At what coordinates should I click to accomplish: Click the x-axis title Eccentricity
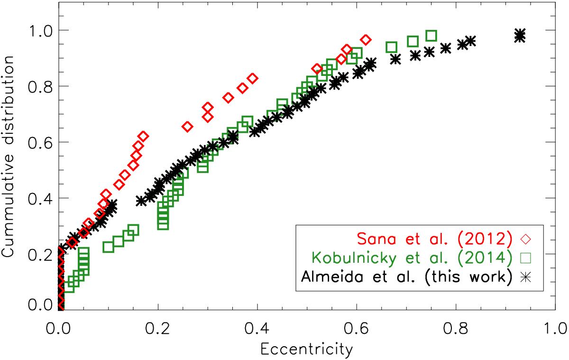[307, 350]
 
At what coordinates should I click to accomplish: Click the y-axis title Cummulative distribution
[8, 157]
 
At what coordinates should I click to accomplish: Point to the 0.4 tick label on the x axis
[257, 329]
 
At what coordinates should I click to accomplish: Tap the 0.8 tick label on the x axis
[456, 329]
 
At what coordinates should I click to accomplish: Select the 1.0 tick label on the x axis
[555, 329]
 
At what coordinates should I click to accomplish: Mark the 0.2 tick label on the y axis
[40, 255]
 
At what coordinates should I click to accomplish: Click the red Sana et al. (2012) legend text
[434, 239]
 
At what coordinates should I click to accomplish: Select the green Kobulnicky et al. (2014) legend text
[412, 258]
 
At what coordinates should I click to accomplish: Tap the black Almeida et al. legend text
[406, 277]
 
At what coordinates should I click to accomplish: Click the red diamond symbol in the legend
[525, 239]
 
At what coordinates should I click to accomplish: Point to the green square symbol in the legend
[525, 258]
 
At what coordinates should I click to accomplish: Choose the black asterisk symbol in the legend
[525, 277]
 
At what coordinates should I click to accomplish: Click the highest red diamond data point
[366, 40]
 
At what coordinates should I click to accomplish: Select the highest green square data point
[431, 36]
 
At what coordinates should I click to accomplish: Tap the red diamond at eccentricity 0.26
[187, 126]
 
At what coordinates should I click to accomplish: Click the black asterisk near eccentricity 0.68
[395, 59]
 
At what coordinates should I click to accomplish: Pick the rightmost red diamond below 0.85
[253, 79]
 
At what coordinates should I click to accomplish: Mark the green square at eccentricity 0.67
[392, 47]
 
